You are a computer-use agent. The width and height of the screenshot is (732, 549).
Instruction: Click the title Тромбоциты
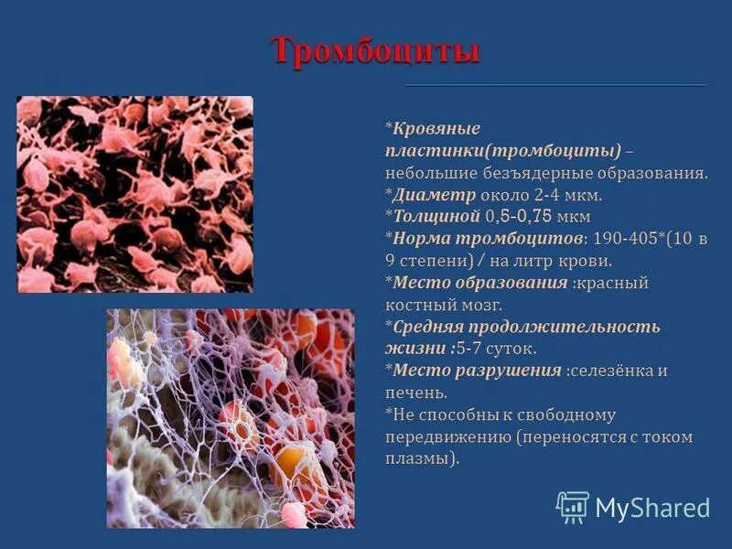(375, 51)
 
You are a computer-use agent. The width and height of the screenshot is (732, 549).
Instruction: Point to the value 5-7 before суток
(472, 349)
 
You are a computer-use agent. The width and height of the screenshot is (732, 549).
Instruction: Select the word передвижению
(447, 436)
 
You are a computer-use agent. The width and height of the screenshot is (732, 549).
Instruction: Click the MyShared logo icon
(573, 507)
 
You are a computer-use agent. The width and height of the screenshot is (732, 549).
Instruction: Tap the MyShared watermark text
(652, 508)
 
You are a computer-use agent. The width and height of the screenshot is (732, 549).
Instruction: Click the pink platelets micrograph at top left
(135, 194)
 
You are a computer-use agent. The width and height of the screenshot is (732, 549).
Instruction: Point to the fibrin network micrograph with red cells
(230, 418)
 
